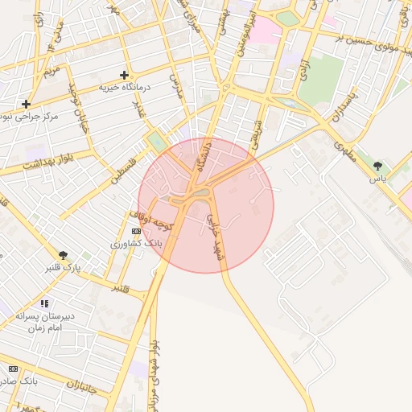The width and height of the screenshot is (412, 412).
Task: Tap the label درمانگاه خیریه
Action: click(x=125, y=86)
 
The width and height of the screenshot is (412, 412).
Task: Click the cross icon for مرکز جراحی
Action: click(x=27, y=104)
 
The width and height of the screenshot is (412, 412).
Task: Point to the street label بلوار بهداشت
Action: click(x=47, y=160)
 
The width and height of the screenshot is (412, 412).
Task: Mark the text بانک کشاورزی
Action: click(x=137, y=242)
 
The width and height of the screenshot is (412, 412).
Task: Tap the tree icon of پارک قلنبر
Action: click(x=64, y=255)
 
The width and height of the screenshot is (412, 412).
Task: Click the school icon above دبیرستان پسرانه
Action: click(x=44, y=304)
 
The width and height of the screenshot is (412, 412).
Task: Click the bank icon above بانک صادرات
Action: click(x=12, y=368)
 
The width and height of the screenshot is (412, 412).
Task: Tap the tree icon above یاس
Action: click(x=377, y=166)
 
